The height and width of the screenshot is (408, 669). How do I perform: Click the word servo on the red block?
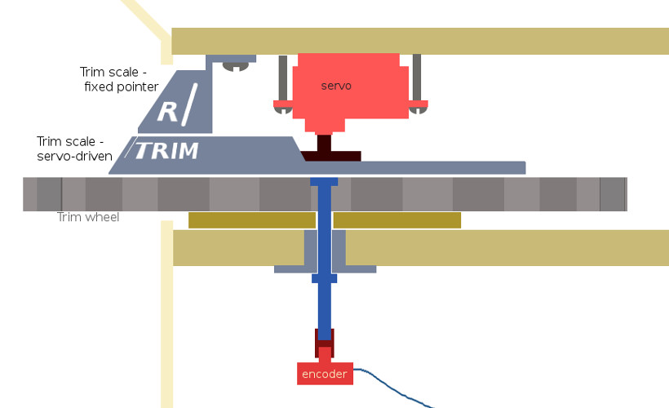(x=336, y=86)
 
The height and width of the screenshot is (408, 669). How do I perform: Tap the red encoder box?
(x=325, y=374)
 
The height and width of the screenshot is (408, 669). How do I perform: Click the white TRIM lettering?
(x=166, y=151)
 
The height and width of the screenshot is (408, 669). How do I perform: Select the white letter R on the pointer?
(x=167, y=112)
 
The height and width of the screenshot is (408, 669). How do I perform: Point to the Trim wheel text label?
(x=88, y=217)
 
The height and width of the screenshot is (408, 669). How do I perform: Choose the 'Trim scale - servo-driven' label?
(x=74, y=149)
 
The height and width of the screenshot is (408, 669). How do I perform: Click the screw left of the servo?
(x=283, y=85)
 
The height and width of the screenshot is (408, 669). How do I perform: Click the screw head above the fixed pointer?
(x=236, y=66)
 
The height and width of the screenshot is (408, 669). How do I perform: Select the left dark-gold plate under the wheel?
(x=252, y=220)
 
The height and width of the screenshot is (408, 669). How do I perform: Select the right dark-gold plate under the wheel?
(x=397, y=220)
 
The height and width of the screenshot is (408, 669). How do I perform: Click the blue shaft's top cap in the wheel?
(x=324, y=182)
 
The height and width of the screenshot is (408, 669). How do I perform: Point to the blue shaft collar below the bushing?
(x=324, y=279)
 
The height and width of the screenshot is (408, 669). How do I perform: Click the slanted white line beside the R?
(x=189, y=104)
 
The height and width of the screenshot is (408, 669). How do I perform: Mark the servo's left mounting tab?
(x=283, y=104)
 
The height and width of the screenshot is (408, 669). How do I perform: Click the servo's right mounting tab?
(x=418, y=104)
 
